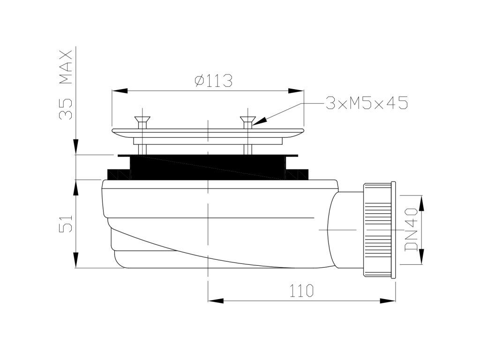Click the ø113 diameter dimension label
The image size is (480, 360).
click(213, 81)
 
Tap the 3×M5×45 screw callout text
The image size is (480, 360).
click(367, 103)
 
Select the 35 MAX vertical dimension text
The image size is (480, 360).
click(66, 84)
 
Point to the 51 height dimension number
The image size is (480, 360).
click(66, 223)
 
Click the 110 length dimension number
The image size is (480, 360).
click(301, 290)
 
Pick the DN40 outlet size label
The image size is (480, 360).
click(411, 229)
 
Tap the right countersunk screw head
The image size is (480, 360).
click(247, 119)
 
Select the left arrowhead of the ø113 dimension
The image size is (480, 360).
click(120, 90)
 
